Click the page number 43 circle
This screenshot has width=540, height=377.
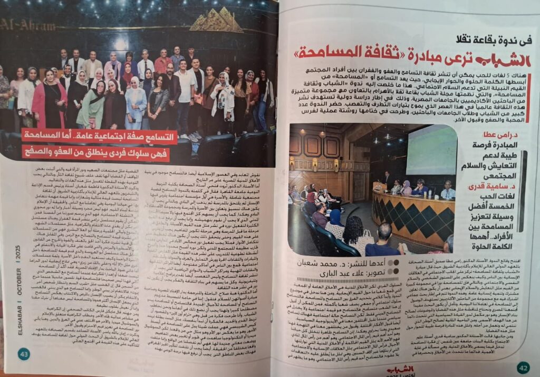(x=24, y=354)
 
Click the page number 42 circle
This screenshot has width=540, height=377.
(x=522, y=366)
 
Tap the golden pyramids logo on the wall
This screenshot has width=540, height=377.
(x=216, y=21)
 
